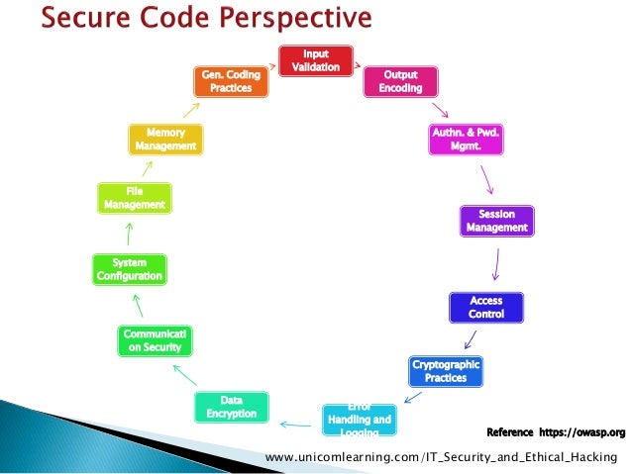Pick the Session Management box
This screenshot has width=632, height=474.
pos(497,221)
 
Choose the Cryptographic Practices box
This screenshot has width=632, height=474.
pos(446,371)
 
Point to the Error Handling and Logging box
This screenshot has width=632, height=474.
pos(358,419)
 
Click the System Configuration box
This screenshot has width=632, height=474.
pos(129,269)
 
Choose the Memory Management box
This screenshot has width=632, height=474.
pos(165,139)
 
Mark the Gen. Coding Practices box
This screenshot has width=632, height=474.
pos(231,81)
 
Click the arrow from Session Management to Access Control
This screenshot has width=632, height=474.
pos(495,263)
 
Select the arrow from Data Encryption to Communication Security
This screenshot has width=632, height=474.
pos(184,375)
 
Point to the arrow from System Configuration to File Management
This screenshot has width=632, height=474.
pos(129,234)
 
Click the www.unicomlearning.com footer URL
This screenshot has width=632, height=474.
pos(441,455)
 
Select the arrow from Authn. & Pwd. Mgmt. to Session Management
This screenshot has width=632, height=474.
pos(485,179)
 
